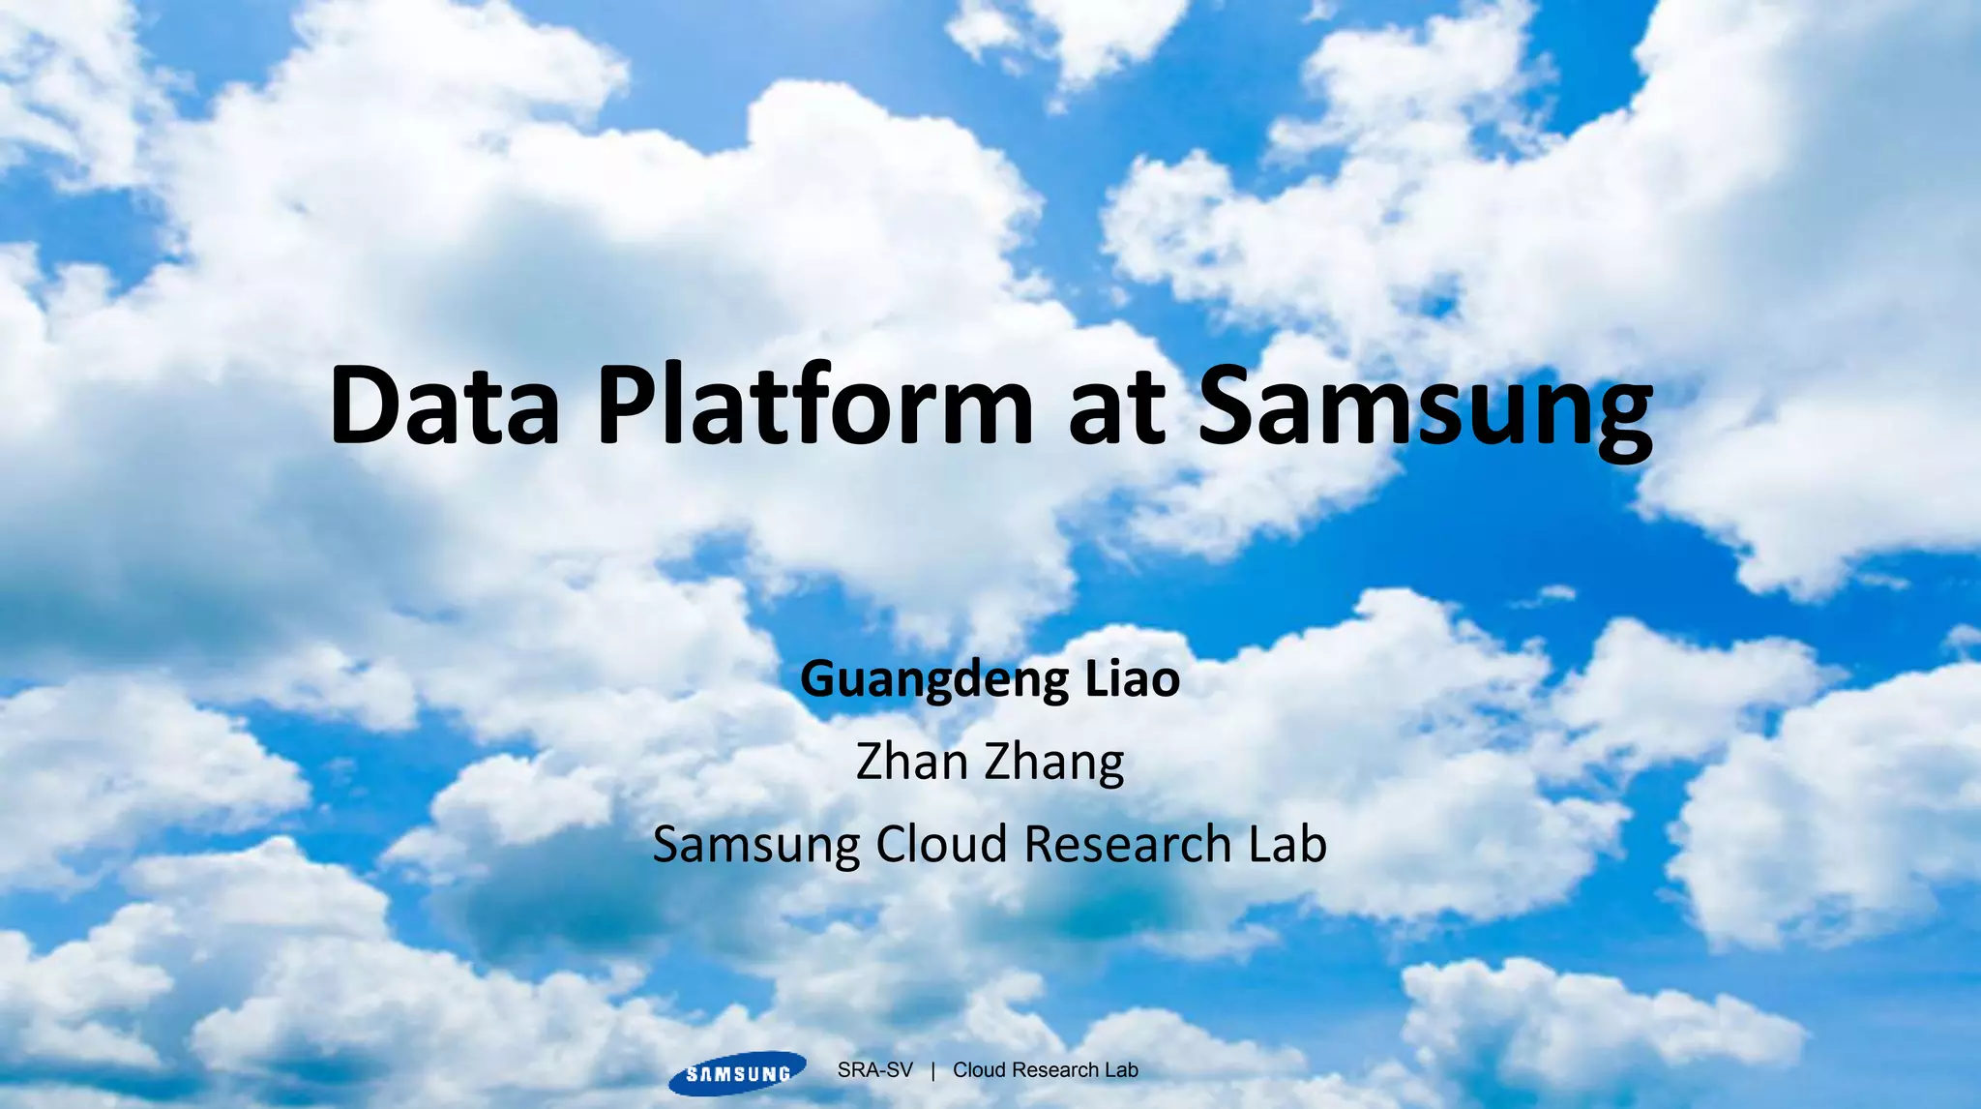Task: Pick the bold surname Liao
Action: pos(1132,679)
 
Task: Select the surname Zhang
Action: pos(1054,764)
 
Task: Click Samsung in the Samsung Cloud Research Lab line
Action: pos(755,845)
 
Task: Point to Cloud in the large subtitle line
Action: pos(942,844)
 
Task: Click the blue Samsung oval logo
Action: pos(737,1073)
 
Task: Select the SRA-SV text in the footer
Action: pos(874,1070)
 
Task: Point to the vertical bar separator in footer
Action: pos(932,1070)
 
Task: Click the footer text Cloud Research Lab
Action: pos(1045,1070)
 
